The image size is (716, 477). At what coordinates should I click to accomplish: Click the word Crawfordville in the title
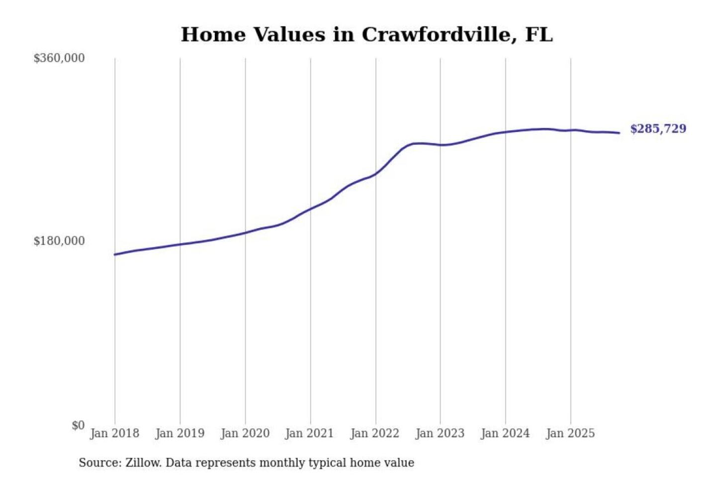click(436, 35)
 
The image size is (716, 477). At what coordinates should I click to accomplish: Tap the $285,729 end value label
click(658, 129)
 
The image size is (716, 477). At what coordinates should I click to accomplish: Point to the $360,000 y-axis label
click(59, 58)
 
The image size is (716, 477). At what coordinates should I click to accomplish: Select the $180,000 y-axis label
click(59, 241)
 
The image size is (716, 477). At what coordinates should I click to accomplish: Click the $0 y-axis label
click(78, 425)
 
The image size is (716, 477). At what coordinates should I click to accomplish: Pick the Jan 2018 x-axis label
click(114, 433)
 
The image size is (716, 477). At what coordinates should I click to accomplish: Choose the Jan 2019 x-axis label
click(179, 433)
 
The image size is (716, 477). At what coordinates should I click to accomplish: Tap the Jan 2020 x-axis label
click(245, 433)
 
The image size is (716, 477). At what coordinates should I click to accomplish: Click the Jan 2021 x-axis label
click(309, 433)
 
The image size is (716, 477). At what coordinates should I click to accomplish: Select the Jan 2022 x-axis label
click(374, 433)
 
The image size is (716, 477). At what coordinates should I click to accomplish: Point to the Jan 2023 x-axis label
click(440, 433)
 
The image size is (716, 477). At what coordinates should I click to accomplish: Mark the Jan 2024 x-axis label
click(505, 433)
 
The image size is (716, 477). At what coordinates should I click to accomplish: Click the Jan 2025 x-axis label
click(570, 433)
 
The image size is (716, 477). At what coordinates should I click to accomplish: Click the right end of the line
click(619, 133)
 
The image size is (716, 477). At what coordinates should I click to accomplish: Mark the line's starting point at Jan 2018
click(115, 254)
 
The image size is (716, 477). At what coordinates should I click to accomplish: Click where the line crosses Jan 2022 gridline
click(376, 173)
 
